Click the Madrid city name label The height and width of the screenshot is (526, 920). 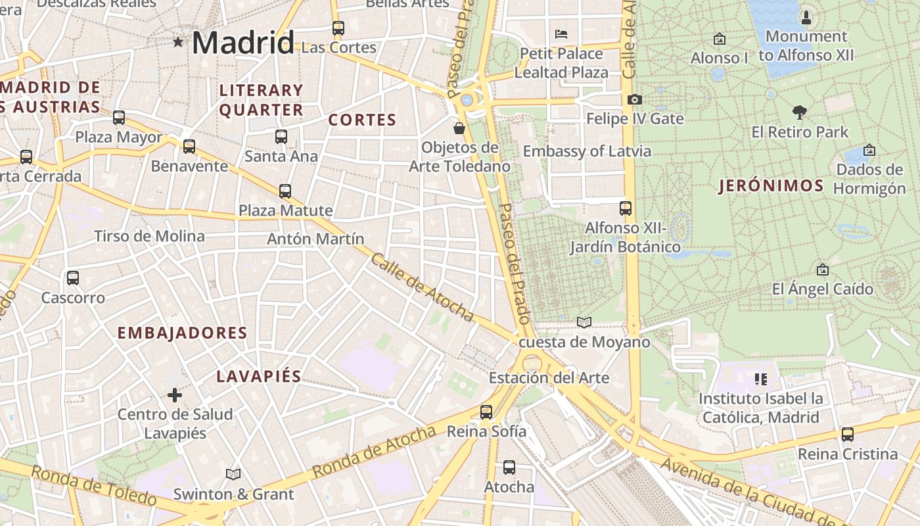(x=243, y=43)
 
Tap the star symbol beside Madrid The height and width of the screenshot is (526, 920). (x=178, y=42)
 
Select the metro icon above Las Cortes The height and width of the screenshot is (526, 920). (x=338, y=28)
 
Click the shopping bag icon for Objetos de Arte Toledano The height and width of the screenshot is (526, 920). (x=459, y=128)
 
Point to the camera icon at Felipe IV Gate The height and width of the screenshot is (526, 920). (x=634, y=99)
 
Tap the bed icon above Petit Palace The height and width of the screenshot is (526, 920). (x=561, y=34)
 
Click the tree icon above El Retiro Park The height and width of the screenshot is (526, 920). (x=800, y=112)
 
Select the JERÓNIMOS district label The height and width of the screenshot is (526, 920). (x=771, y=186)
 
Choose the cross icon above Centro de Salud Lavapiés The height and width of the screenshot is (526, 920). (x=174, y=395)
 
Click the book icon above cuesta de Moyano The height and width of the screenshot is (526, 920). (x=584, y=322)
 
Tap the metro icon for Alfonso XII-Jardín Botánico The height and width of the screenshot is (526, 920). (x=626, y=208)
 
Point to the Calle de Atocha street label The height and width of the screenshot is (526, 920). (x=422, y=288)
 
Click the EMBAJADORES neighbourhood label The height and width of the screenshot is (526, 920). (x=182, y=333)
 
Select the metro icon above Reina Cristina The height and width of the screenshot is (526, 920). (x=847, y=435)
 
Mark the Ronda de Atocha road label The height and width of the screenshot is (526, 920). (x=374, y=452)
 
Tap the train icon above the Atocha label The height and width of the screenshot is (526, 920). (x=509, y=467)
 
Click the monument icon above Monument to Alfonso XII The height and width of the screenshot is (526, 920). (x=806, y=17)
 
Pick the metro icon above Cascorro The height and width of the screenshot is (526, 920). (x=73, y=278)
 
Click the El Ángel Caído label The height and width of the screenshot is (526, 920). (x=822, y=289)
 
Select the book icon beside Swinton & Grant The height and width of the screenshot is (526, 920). (x=233, y=474)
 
